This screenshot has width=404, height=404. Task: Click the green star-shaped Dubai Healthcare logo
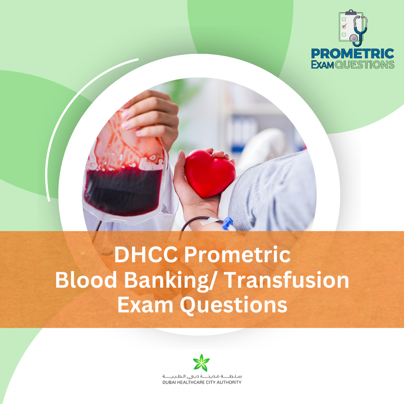[202, 363]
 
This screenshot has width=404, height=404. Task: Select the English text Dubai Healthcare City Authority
[202, 382]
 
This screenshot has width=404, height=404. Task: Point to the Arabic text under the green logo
[202, 376]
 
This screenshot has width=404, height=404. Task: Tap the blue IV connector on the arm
[228, 223]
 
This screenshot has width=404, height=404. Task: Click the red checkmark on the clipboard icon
[345, 26]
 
